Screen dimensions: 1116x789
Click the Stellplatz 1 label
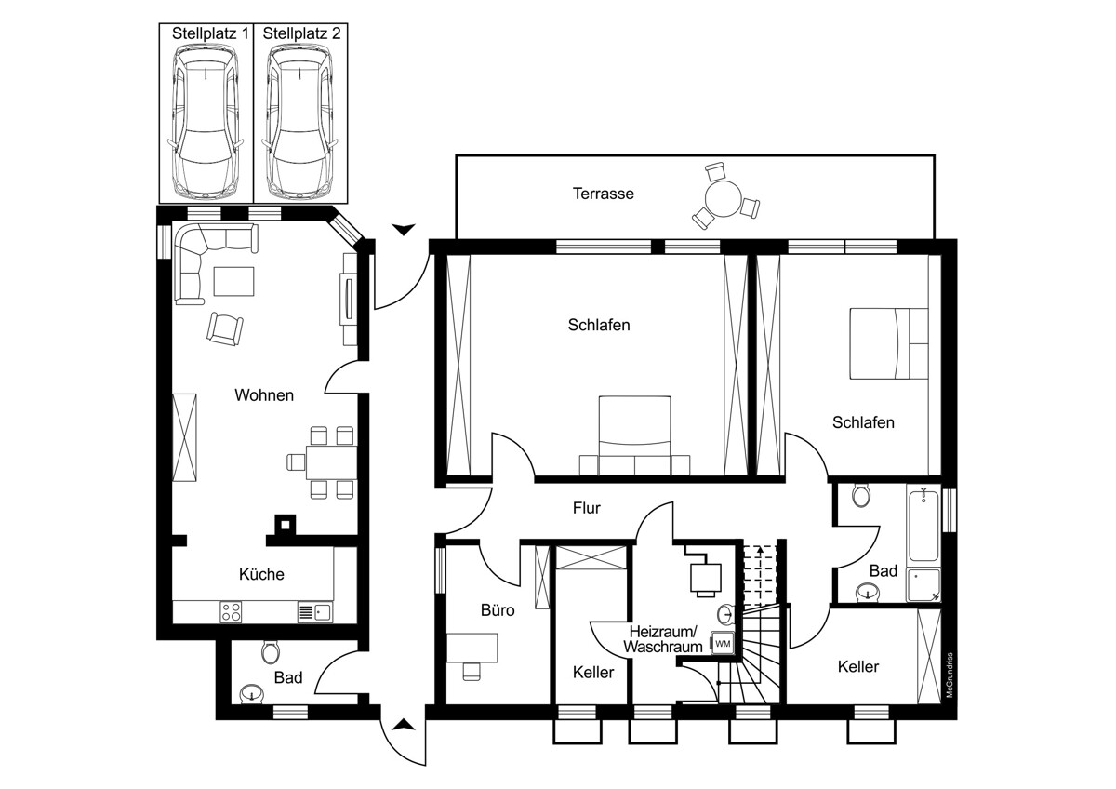[210, 33]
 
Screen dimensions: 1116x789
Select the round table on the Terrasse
[724, 199]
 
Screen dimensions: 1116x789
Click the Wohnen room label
[264, 395]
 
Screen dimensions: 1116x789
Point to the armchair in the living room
[225, 328]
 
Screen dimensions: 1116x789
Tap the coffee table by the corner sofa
[233, 282]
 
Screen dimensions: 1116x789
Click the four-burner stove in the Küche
[232, 611]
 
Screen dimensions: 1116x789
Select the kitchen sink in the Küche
[315, 611]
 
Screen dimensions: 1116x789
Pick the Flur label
[587, 508]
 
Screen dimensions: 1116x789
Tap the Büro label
[498, 610]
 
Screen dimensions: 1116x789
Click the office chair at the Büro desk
[472, 671]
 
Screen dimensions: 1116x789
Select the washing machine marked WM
[723, 644]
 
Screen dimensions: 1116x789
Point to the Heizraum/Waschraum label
[662, 639]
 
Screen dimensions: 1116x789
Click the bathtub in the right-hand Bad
[923, 526]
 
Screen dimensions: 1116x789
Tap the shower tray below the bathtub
[923, 584]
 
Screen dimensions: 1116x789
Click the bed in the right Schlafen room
[889, 343]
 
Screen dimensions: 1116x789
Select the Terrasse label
[604, 194]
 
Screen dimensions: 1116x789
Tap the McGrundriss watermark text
[950, 675]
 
